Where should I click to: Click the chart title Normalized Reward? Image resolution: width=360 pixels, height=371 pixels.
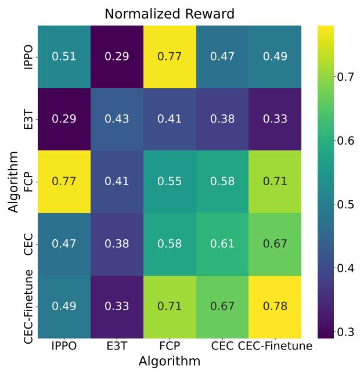(170, 13)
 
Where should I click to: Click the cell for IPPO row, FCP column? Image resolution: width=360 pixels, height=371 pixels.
(170, 57)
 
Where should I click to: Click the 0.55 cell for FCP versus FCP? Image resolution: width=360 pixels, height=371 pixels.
(170, 182)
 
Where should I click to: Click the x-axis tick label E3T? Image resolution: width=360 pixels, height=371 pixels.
(116, 347)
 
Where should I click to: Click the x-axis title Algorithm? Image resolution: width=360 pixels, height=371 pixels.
(170, 361)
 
